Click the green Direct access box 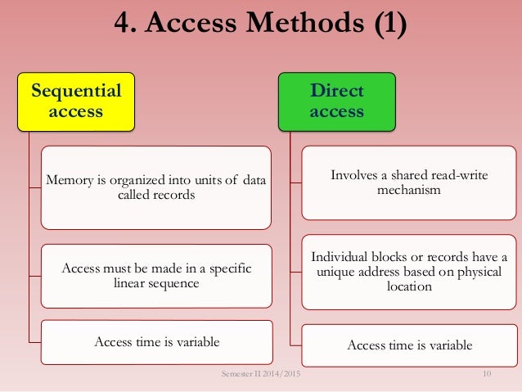pos(336,101)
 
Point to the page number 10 pos(487,374)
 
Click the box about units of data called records pos(157,187)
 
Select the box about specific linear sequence pos(157,276)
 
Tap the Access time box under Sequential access pos(157,341)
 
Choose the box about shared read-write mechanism pos(409,182)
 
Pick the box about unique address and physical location pos(409,273)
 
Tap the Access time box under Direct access pos(409,345)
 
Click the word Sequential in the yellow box pos(75,90)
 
